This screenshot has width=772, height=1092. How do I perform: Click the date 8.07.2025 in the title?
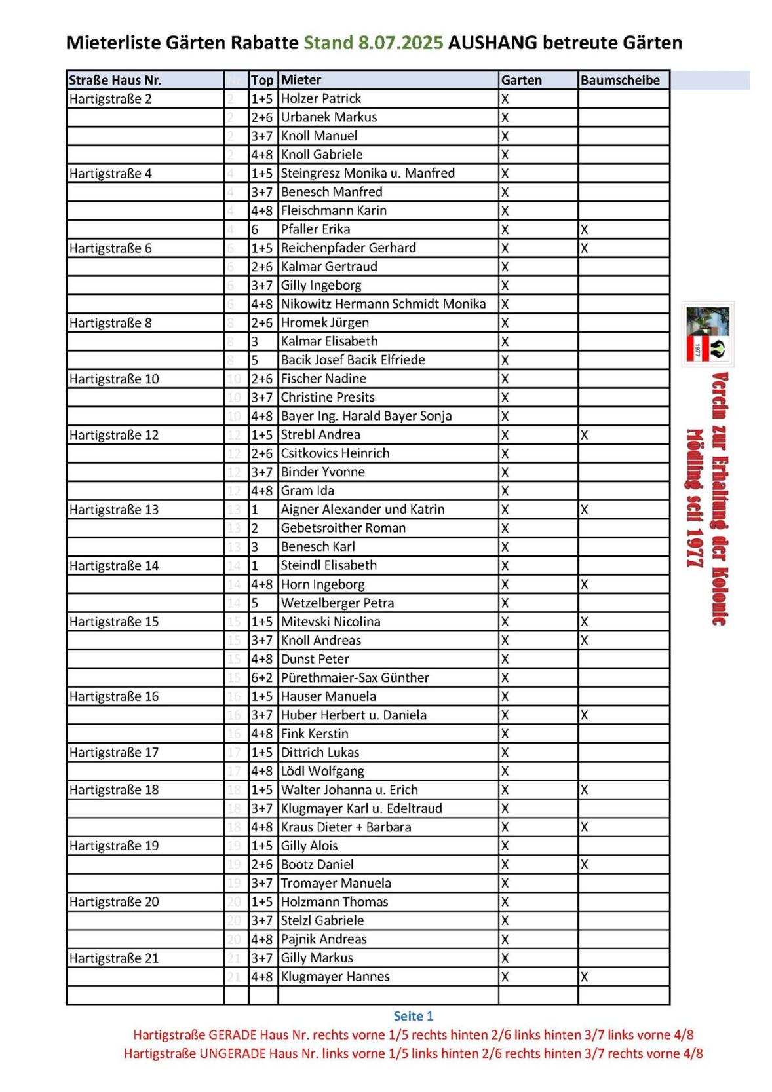(x=400, y=43)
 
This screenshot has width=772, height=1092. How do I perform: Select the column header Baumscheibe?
(x=619, y=80)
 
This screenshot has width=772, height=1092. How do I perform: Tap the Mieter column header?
(x=301, y=80)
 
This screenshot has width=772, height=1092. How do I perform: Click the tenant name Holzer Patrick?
(x=321, y=99)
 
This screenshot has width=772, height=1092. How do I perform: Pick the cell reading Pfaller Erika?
(x=315, y=229)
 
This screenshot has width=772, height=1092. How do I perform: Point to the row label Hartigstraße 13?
(x=114, y=510)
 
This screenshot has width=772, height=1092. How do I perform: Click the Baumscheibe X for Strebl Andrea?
(x=584, y=435)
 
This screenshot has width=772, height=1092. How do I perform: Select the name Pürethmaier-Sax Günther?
(x=355, y=678)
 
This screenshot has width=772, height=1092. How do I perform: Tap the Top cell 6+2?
(x=262, y=678)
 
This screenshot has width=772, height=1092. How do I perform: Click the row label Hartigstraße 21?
(x=114, y=958)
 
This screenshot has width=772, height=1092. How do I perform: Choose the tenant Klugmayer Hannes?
(x=335, y=977)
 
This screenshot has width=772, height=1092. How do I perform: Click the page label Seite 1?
(x=414, y=1016)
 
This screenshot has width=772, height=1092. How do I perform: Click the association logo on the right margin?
(x=707, y=333)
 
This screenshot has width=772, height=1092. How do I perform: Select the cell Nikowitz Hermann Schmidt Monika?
(x=383, y=304)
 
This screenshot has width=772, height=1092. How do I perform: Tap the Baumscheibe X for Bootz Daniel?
(x=584, y=865)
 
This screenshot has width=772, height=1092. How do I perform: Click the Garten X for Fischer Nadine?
(x=505, y=379)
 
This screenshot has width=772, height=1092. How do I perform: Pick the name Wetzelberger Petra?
(x=338, y=603)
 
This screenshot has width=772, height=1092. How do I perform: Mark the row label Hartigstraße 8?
(x=111, y=323)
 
